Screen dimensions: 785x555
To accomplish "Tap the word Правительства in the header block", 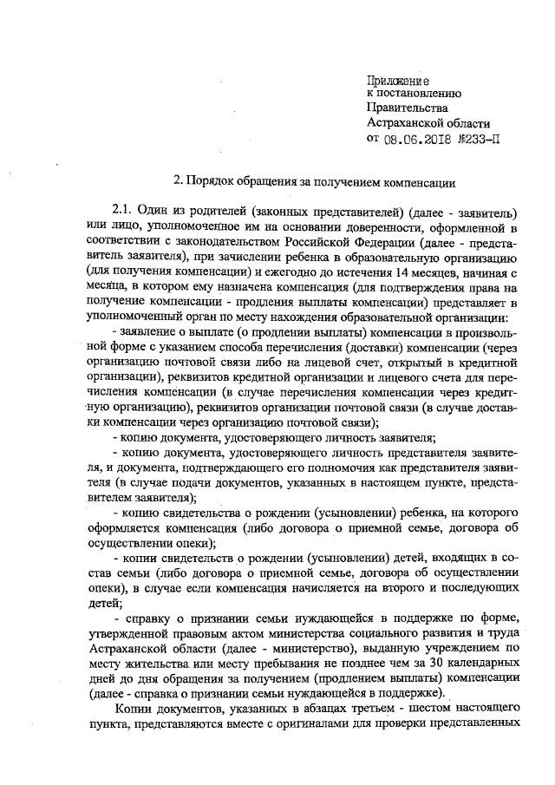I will tap(408, 108).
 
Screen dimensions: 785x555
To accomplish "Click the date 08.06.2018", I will tap(419, 138).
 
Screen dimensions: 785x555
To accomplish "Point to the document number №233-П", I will tap(481, 138).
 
